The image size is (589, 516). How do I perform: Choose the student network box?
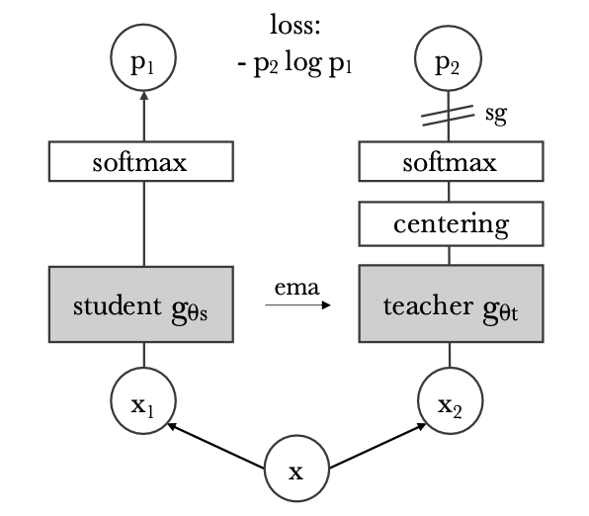[x=141, y=304]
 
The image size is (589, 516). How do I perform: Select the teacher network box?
[x=452, y=303]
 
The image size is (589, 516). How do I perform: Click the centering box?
[x=452, y=224]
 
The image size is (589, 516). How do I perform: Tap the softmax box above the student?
[x=141, y=161]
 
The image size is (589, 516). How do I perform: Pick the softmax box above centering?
[x=452, y=161]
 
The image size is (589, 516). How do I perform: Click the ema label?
[x=296, y=288]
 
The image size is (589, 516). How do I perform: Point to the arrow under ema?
[x=297, y=304]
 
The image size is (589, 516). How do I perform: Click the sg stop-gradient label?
[x=496, y=114]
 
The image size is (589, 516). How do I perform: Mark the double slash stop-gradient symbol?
[x=448, y=116]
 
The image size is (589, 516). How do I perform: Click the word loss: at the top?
[x=295, y=25]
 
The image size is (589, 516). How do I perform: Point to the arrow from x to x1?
[x=215, y=446]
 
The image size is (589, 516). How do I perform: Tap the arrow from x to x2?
[x=378, y=446]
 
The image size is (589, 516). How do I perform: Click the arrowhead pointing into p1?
[x=144, y=96]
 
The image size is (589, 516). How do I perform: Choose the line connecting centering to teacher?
[x=450, y=256]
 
